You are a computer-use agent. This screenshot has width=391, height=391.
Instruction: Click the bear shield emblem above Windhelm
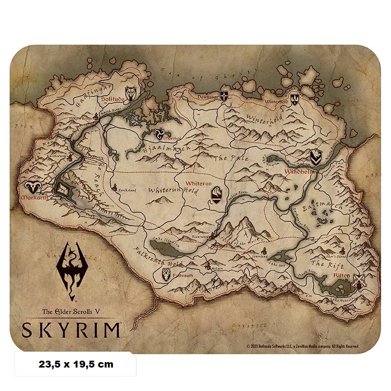[x=315, y=157]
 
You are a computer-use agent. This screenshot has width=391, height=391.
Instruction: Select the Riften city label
[x=341, y=276]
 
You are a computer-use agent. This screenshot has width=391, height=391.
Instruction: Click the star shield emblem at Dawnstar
[x=224, y=96]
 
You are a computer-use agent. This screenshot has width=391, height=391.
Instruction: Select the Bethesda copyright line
[x=303, y=346]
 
